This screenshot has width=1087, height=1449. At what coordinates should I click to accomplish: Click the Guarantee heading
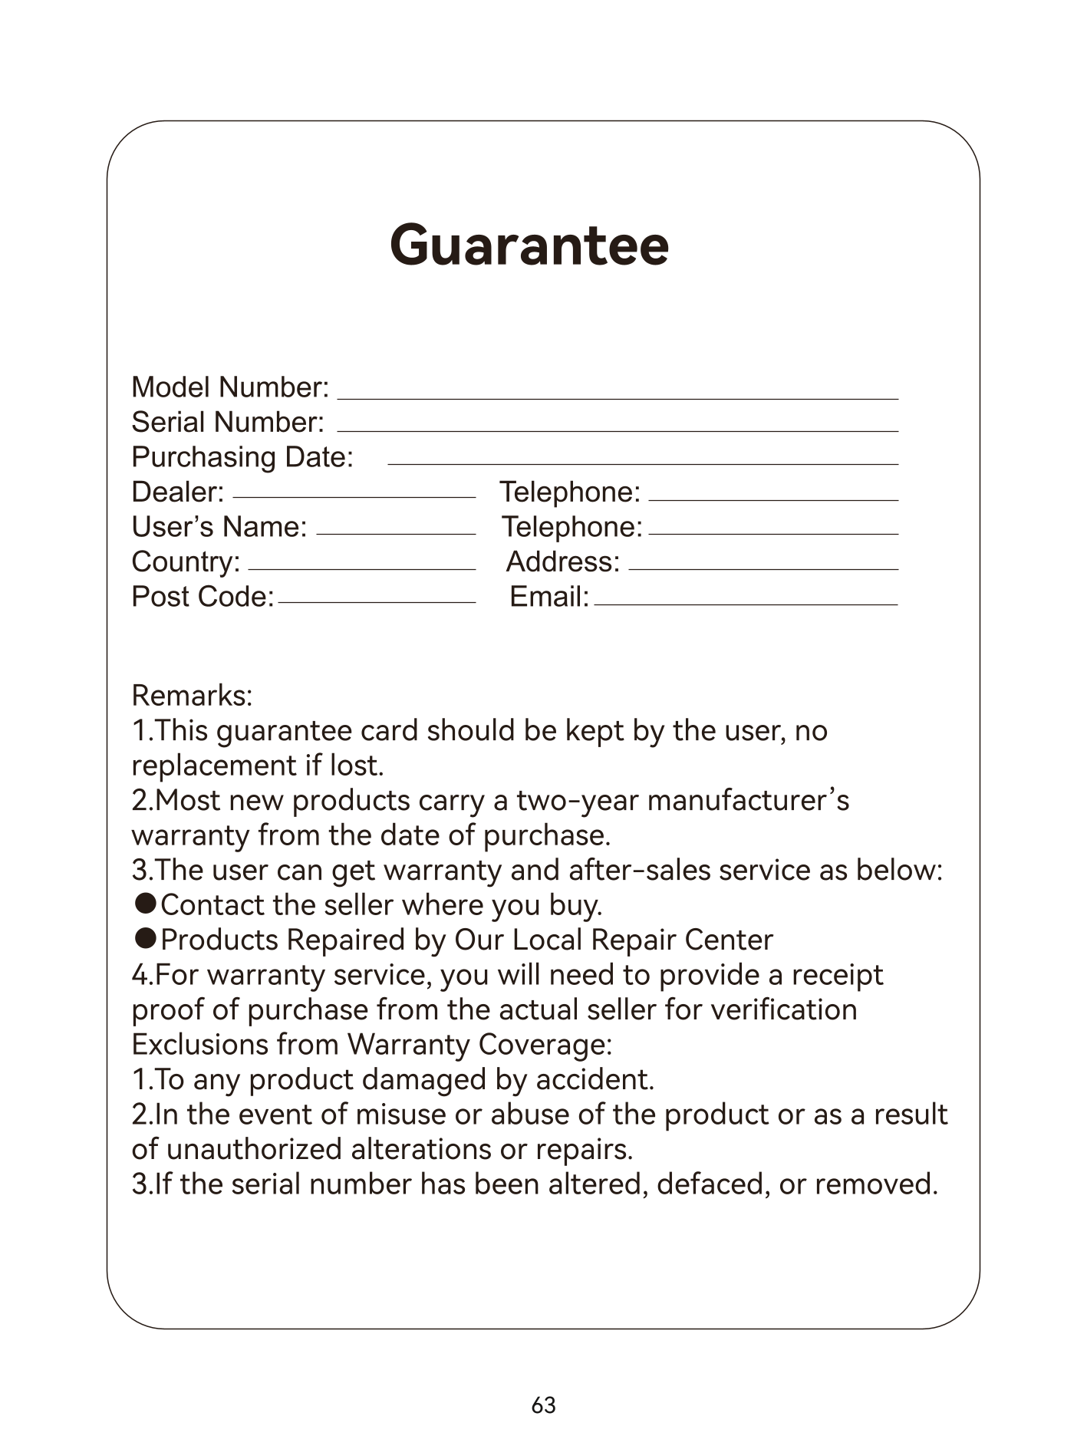pos(529,245)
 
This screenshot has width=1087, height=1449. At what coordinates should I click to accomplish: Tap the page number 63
pos(543,1405)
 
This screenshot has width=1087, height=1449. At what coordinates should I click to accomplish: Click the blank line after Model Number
pos(618,398)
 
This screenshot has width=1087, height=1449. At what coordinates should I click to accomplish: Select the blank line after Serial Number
pos(618,430)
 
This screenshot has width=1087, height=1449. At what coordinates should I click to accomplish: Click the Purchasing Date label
pos(242,457)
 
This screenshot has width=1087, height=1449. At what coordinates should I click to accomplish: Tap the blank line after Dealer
pos(354,496)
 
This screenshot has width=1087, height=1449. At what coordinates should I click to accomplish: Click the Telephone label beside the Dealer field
pos(569,492)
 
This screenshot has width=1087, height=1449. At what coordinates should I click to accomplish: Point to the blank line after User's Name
pos(396,532)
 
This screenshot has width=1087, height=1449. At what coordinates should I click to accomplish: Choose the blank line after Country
pos(361,568)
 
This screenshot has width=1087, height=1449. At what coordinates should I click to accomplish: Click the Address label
pos(562,562)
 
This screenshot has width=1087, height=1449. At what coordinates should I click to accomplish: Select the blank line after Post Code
pos(377,602)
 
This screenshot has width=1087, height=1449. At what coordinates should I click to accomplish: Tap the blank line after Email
pos(746,604)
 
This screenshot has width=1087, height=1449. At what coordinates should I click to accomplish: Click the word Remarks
pos(192,696)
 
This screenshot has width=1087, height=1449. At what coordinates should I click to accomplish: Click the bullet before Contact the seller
pos(146,903)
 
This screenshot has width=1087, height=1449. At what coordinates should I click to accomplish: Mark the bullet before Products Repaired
pos(146,937)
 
